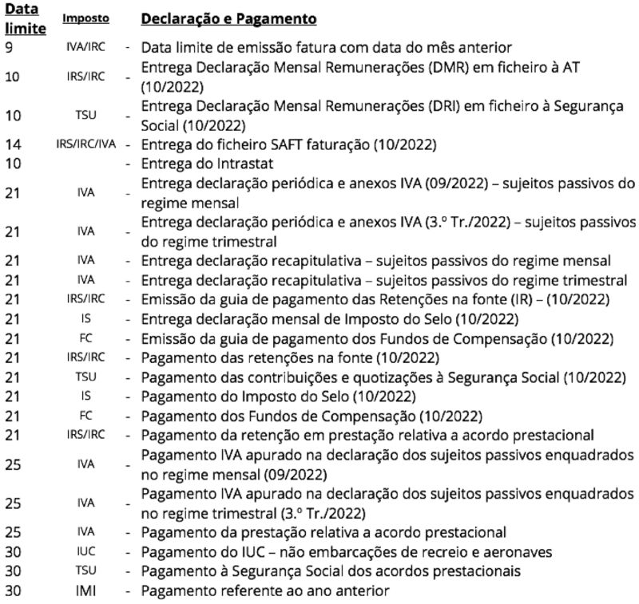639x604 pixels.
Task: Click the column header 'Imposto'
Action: [86, 18]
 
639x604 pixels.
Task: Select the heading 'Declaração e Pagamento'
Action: [228, 18]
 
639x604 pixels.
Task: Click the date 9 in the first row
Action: [8, 47]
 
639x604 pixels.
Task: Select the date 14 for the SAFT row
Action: [12, 145]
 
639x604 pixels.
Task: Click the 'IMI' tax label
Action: [86, 591]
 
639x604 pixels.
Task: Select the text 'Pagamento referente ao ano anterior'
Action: [265, 591]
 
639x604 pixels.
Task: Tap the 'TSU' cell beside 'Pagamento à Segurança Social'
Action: [86, 572]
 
